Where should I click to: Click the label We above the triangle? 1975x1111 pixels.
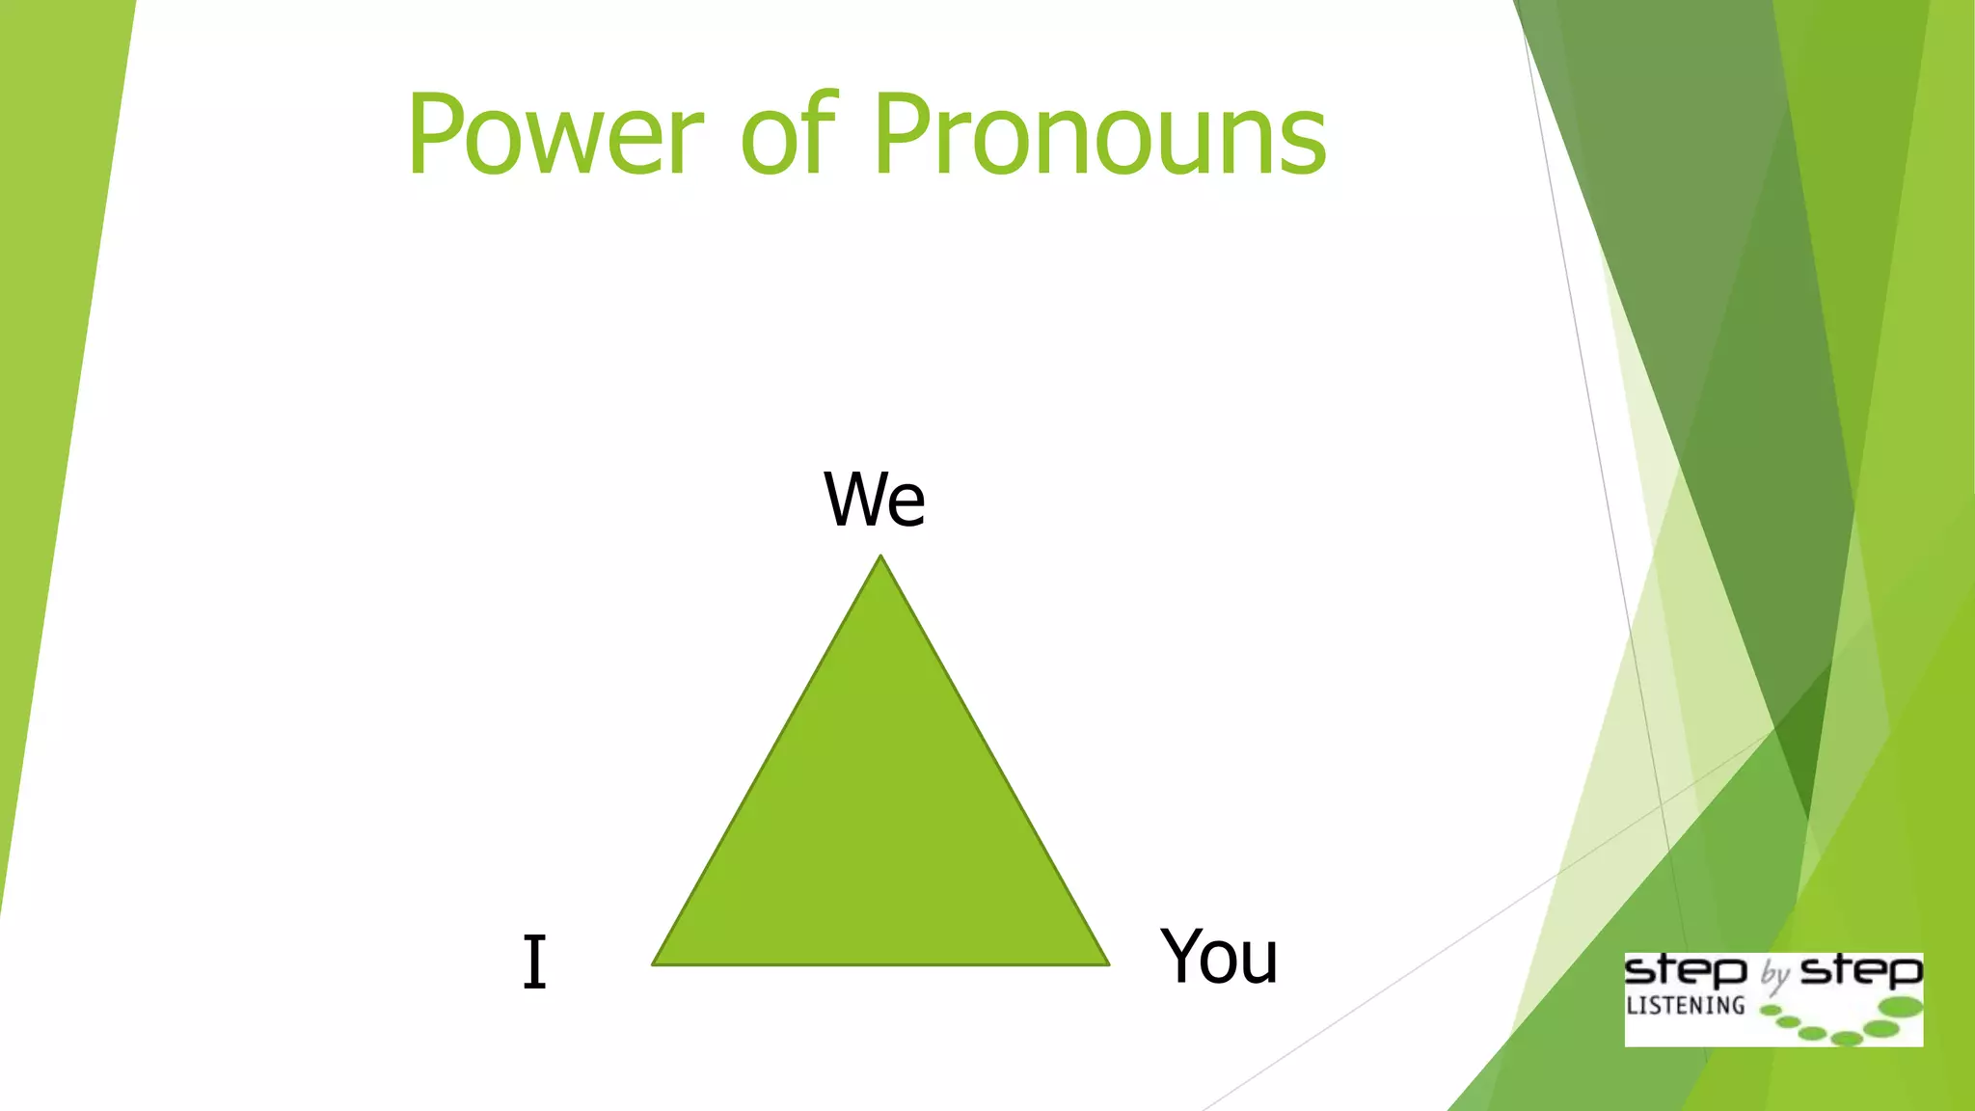click(x=875, y=500)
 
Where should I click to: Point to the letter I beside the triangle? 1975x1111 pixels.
click(x=534, y=962)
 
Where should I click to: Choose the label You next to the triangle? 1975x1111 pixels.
click(x=1219, y=957)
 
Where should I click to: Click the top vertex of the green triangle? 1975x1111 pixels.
click(x=880, y=557)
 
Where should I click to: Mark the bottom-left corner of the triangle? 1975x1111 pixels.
click(x=655, y=962)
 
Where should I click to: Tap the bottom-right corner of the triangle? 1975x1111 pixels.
click(x=1106, y=962)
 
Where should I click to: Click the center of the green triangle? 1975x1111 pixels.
click(x=880, y=829)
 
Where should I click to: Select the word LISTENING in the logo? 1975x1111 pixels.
click(x=1685, y=1006)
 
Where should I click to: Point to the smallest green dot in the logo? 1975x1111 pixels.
click(x=1770, y=1011)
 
